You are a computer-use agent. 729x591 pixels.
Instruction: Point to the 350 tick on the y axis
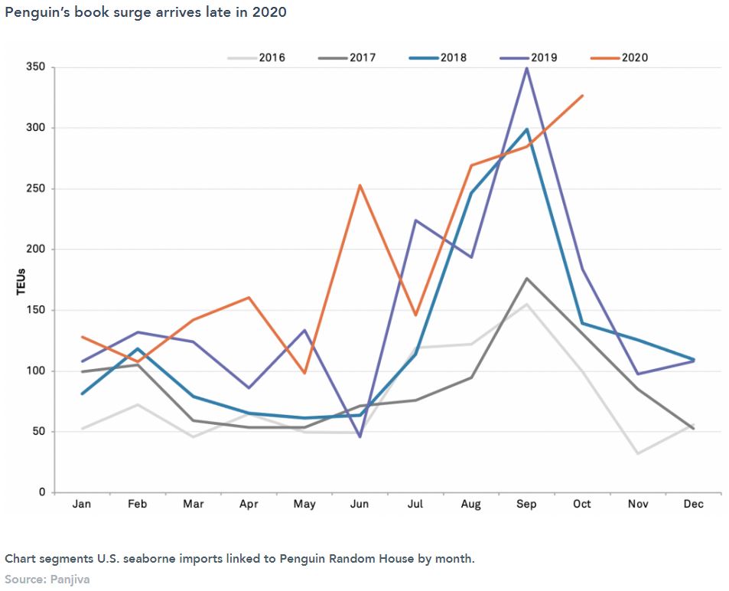(36, 67)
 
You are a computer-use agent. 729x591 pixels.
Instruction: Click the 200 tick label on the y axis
(36, 250)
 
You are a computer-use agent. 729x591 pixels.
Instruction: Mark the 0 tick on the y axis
(42, 492)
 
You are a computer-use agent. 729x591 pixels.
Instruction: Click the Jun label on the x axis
(360, 504)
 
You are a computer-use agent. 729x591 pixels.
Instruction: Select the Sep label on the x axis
(526, 504)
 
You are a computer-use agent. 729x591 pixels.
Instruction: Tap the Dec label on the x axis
(694, 504)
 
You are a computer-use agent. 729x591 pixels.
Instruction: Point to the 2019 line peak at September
(526, 68)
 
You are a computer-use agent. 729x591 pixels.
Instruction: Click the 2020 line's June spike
(360, 185)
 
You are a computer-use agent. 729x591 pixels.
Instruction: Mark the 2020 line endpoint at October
(583, 96)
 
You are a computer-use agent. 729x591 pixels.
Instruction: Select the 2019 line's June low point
(360, 436)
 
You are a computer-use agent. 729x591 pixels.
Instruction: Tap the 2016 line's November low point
(638, 453)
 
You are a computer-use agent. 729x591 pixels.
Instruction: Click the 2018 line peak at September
(526, 129)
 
